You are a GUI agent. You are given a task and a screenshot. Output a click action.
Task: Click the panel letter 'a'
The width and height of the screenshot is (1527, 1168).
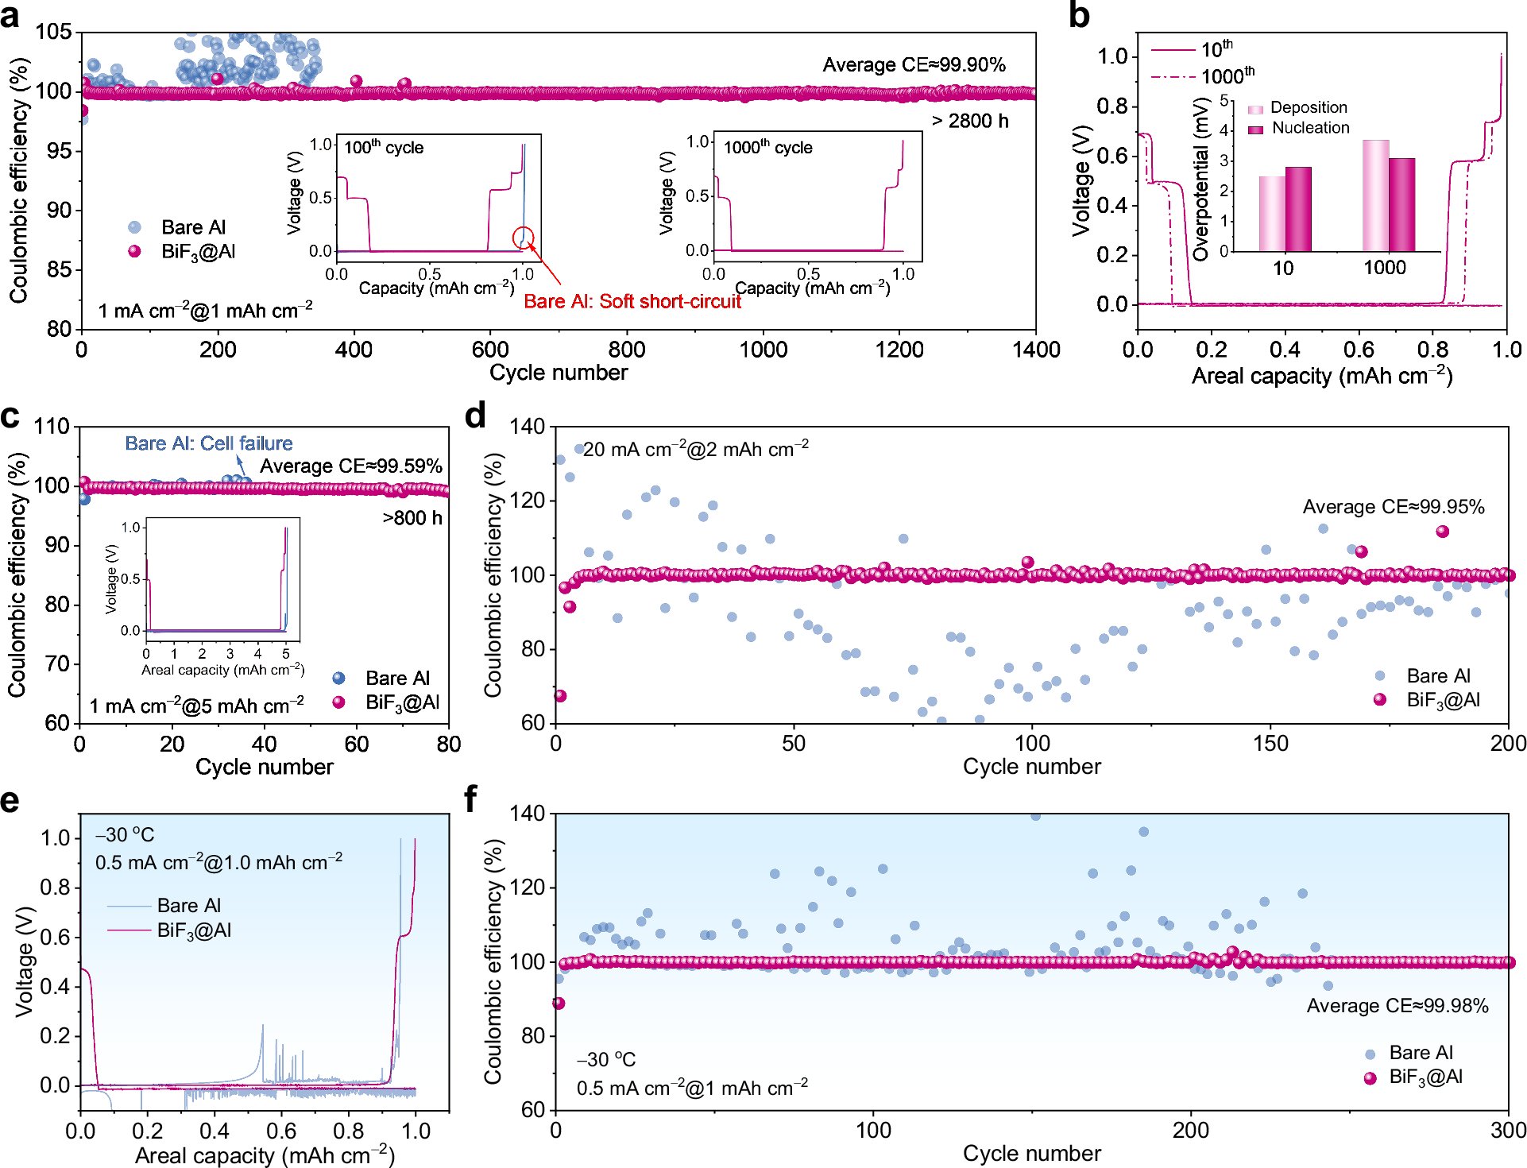[x=10, y=15]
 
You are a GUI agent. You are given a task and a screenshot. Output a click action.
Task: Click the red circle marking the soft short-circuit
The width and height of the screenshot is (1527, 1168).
[x=523, y=237]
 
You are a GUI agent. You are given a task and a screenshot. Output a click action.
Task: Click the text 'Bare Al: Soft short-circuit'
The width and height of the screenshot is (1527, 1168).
[x=632, y=301]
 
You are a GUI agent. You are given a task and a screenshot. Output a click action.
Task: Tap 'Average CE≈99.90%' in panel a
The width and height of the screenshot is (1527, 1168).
[x=914, y=64]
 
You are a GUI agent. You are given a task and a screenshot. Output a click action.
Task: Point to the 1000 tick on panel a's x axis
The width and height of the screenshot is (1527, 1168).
[x=763, y=350]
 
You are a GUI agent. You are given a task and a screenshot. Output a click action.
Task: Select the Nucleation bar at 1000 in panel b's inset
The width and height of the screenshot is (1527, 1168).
[x=1401, y=205]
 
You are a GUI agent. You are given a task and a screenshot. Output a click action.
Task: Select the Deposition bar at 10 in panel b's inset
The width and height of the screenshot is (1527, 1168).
[x=1271, y=214]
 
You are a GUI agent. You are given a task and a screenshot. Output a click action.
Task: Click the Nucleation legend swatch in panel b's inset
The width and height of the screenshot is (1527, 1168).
[x=1255, y=129]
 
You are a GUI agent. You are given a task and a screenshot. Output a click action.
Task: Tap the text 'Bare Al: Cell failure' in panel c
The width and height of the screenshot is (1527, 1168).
[x=208, y=443]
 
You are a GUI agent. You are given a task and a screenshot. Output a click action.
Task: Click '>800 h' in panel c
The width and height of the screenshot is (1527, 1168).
[x=412, y=518]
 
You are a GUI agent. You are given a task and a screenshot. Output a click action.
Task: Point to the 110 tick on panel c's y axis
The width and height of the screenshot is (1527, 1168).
[x=52, y=427]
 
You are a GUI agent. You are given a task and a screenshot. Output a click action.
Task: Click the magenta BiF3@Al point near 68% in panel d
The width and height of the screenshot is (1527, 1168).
[x=559, y=696]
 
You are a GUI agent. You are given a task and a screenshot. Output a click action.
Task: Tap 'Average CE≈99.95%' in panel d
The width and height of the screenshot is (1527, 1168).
[x=1393, y=507]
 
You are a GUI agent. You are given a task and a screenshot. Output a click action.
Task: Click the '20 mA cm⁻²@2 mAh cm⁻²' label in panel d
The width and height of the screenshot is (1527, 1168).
[x=695, y=450]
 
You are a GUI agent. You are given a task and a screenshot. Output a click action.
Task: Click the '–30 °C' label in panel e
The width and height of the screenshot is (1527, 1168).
[x=125, y=835]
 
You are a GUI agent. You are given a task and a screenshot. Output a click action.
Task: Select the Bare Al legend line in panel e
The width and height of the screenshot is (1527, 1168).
[x=129, y=906]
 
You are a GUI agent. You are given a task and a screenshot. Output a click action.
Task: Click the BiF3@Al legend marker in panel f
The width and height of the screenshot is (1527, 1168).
[x=1370, y=1078]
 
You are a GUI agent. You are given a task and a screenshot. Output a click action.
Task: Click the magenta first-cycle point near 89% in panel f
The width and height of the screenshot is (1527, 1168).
[x=559, y=1004]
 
